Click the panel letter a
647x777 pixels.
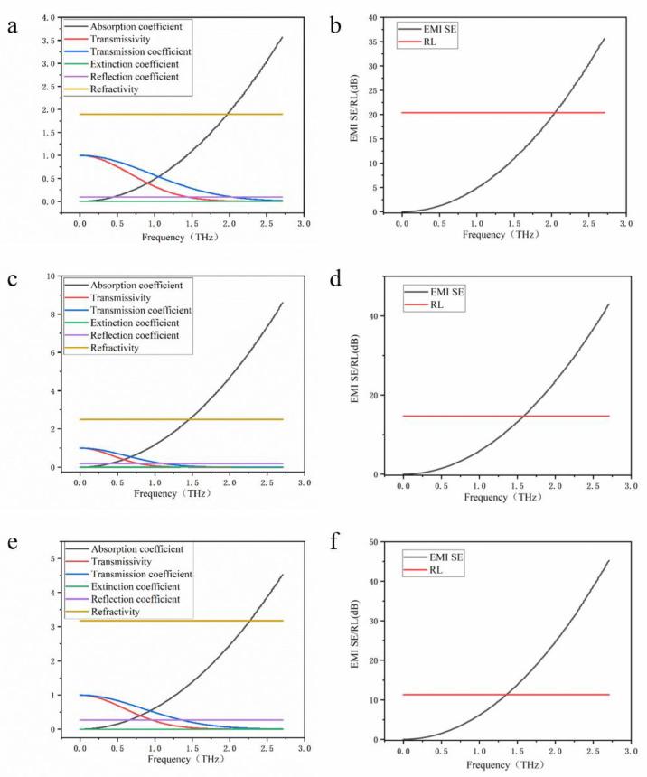[12, 27]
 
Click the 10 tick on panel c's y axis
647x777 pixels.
[57, 276]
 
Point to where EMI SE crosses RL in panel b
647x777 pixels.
[554, 112]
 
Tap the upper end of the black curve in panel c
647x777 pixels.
[283, 303]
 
